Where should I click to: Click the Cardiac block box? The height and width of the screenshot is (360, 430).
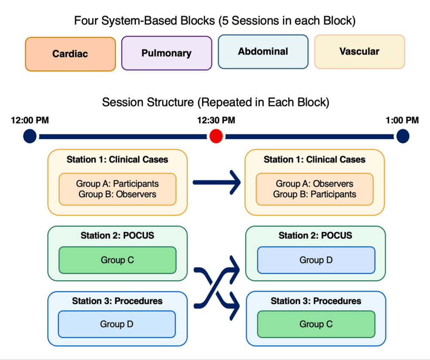point(70,54)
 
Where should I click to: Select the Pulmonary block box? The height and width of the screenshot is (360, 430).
point(167,53)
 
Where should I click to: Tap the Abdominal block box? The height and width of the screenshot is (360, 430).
point(263,52)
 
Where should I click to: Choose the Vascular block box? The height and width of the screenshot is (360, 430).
point(359,52)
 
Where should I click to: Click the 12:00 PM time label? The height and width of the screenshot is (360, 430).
point(30,120)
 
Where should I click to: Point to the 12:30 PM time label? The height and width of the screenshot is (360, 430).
point(215,120)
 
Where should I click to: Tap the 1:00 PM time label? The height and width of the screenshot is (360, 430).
point(402,120)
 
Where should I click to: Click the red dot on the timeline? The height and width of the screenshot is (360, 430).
point(216,136)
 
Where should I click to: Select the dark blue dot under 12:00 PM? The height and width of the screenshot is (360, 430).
point(30,136)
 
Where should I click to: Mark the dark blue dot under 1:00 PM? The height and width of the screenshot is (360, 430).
point(403,136)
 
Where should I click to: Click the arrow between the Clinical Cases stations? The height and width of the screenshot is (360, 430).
point(216,182)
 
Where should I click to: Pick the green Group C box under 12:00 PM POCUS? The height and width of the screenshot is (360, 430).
point(117,260)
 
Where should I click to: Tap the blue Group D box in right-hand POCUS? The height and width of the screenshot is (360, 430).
point(316,260)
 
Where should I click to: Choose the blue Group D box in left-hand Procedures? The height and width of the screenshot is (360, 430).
point(116,324)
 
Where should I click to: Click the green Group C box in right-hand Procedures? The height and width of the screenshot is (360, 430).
point(316,324)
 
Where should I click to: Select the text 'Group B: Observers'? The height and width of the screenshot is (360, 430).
point(117,194)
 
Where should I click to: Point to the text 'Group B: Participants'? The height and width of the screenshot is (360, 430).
point(314,194)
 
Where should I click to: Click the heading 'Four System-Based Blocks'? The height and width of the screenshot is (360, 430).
point(215,21)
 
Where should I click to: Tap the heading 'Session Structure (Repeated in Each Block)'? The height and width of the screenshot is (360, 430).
point(215,103)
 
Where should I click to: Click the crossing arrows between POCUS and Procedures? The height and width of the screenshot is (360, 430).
point(216,286)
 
